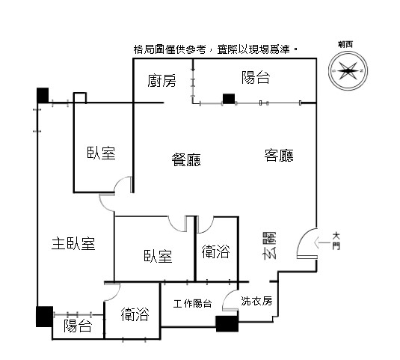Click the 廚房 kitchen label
coord(161,81)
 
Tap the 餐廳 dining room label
coord(186,160)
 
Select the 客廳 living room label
coord(279,156)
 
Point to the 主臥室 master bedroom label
coord(73,243)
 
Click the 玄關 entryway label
coord(270,245)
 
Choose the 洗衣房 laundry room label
coord(256,301)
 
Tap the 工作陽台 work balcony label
coord(193,304)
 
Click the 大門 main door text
coord(336,240)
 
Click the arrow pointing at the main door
coord(322,242)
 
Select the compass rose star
coord(348,70)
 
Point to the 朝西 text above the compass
coord(345,44)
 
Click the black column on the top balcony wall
coord(229,99)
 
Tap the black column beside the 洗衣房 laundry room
coord(227,324)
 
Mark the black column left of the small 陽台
coord(44,317)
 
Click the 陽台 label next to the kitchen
coord(256,77)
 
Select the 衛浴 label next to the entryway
coord(216,251)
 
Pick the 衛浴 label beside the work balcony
coord(135,314)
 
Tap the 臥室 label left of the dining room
coord(101,153)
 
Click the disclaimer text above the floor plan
coord(215,49)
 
